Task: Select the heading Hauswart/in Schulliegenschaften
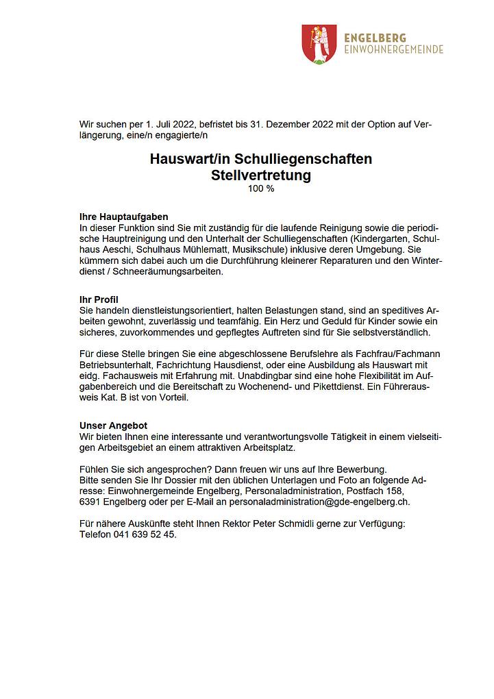(261, 159)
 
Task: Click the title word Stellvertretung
(261, 175)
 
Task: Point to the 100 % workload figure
(261, 188)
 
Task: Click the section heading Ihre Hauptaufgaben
(124, 217)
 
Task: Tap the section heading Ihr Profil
(99, 299)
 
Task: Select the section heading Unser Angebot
(114, 426)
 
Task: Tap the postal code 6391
(90, 502)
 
